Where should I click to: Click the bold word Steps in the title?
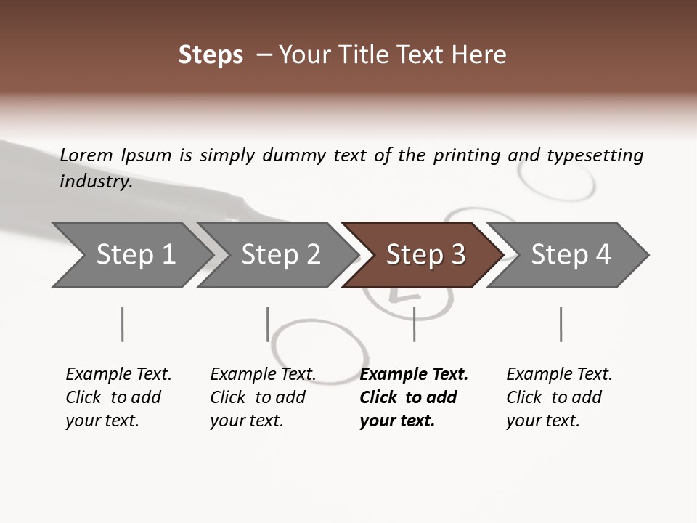click(211, 55)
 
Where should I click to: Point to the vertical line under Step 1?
click(123, 324)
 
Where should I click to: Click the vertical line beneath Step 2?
click(268, 324)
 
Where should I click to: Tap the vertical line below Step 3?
click(414, 324)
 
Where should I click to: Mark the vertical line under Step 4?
click(561, 324)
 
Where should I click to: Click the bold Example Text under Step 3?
click(414, 397)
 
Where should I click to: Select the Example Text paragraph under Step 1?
click(118, 397)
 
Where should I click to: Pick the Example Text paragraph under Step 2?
click(263, 397)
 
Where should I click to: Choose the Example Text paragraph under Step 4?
click(559, 397)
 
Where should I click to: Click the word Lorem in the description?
click(86, 155)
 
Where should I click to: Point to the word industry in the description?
click(96, 182)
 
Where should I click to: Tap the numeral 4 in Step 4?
click(603, 255)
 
